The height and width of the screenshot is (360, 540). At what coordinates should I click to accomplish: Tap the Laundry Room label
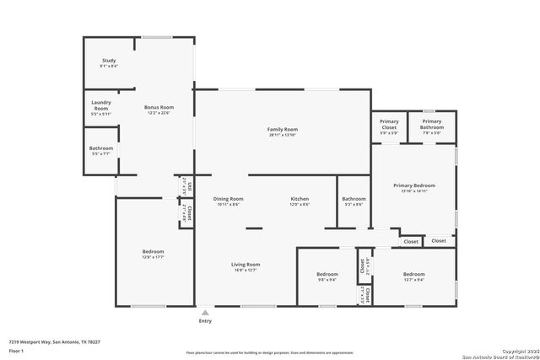pyautogui.click(x=101, y=107)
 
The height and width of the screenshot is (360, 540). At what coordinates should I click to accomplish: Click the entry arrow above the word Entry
pyautogui.click(x=205, y=312)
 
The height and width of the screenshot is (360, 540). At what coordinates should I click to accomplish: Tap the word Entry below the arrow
pyautogui.click(x=205, y=321)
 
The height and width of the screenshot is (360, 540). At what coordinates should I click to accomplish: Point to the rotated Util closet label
pyautogui.click(x=190, y=185)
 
